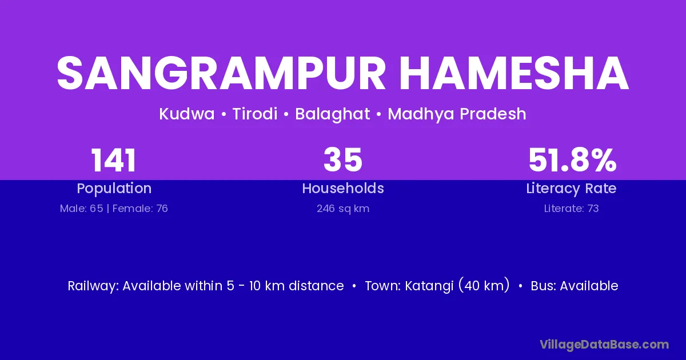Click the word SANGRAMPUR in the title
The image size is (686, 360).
pyautogui.click(x=221, y=73)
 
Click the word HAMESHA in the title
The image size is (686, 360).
pyautogui.click(x=514, y=73)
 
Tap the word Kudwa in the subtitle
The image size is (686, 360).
pyautogui.click(x=187, y=114)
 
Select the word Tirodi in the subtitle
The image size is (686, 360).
pyautogui.click(x=255, y=114)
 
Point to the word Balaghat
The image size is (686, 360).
pyautogui.click(x=333, y=114)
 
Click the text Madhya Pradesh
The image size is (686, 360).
pyautogui.click(x=457, y=114)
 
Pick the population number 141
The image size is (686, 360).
pyautogui.click(x=114, y=161)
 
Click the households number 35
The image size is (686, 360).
pyautogui.click(x=343, y=160)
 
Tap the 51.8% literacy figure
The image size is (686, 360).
pyautogui.click(x=572, y=160)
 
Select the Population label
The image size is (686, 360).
pyautogui.click(x=114, y=189)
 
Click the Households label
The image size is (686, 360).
pyautogui.click(x=343, y=188)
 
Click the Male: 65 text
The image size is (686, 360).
pyautogui.click(x=81, y=209)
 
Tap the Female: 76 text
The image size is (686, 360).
pyautogui.click(x=140, y=209)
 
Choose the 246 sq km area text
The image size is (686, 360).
pyautogui.click(x=343, y=209)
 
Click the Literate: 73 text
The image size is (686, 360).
pyautogui.click(x=572, y=209)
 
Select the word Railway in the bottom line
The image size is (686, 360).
pyautogui.click(x=93, y=286)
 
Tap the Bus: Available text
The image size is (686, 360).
pyautogui.click(x=575, y=286)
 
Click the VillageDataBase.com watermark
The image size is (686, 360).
pyautogui.click(x=604, y=345)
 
